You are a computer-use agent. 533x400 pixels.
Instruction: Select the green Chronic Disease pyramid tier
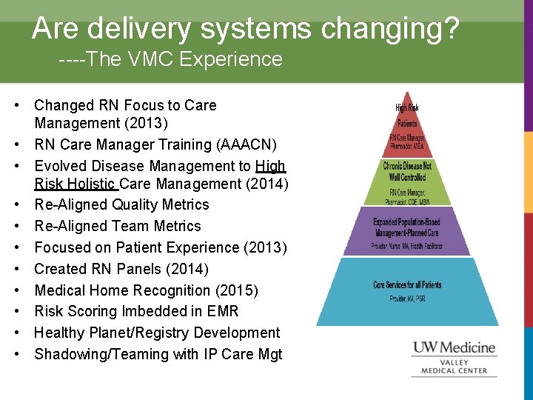(x=407, y=181)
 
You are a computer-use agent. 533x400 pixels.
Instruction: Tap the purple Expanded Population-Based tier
(x=407, y=230)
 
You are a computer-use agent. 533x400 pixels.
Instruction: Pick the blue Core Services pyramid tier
(x=407, y=290)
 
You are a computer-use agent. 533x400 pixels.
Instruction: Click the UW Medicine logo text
(x=454, y=347)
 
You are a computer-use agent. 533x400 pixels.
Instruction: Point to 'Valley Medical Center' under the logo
(x=455, y=367)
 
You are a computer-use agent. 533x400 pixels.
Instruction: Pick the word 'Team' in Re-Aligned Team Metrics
(x=128, y=226)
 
